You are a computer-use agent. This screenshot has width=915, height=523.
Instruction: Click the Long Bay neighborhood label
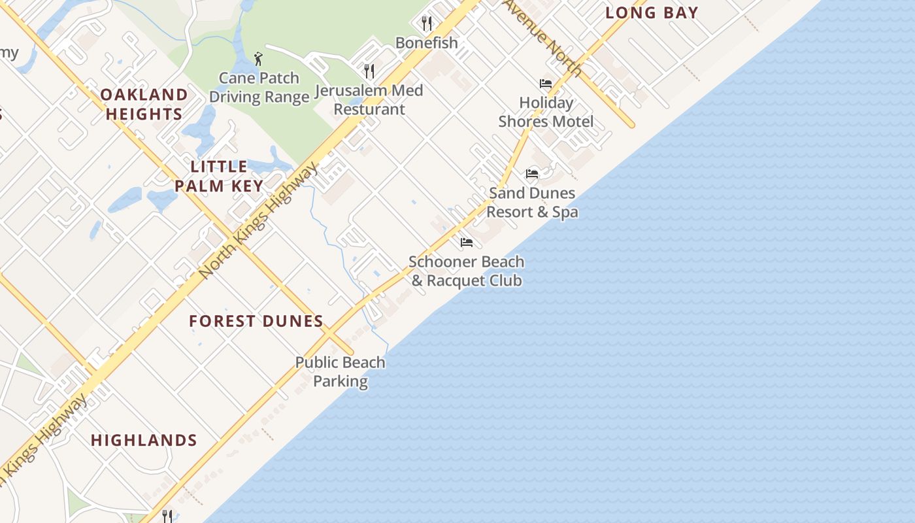point(652,12)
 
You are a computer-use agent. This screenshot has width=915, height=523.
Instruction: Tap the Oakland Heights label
point(144,105)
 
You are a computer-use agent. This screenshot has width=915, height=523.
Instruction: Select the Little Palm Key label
point(219,176)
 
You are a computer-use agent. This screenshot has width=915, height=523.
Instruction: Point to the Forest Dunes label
point(256,321)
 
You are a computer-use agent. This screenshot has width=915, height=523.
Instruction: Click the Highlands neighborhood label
point(144,440)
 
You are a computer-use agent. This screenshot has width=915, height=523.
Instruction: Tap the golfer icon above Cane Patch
point(258,58)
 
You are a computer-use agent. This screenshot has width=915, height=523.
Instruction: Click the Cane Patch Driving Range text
point(259,88)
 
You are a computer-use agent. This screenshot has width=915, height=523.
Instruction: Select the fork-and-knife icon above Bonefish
point(427,24)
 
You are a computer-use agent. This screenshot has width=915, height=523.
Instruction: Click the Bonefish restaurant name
point(426,42)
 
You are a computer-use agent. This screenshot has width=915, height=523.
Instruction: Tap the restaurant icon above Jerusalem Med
point(369,71)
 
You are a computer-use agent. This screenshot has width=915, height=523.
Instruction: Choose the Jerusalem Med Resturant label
point(369,99)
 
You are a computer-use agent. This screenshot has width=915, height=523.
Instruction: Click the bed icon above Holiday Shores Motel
point(546,84)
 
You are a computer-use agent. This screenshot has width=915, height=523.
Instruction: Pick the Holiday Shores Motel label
point(546,112)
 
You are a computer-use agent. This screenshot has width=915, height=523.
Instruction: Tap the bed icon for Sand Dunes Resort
point(532,174)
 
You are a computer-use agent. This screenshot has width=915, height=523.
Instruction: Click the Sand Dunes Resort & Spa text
point(532,203)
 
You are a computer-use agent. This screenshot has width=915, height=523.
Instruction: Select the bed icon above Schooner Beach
point(466,243)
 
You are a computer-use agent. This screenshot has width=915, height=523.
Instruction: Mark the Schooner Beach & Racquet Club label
point(466,271)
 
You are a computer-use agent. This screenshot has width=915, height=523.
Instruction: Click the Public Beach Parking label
point(340,371)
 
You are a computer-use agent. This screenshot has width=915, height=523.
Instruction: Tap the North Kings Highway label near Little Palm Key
point(259,220)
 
